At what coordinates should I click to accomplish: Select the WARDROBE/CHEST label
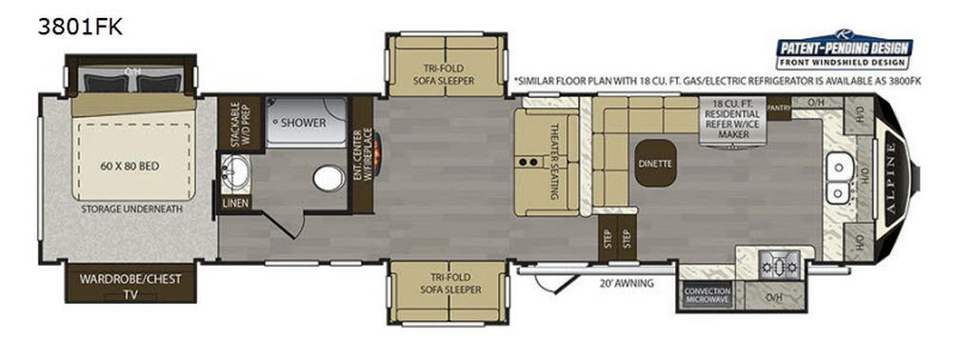[129, 280]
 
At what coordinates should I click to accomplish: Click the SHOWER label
[303, 123]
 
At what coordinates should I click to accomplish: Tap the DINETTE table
[655, 163]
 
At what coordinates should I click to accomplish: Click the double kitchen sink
[838, 180]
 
